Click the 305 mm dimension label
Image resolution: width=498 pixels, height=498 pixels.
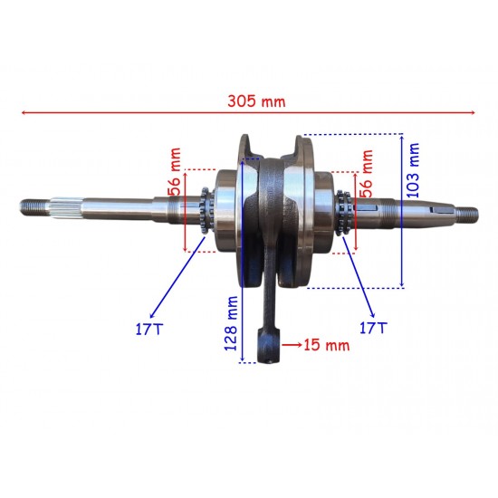coord(256,101)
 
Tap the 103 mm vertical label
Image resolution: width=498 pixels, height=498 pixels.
coord(413,170)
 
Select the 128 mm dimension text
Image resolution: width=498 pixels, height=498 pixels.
coord(231,323)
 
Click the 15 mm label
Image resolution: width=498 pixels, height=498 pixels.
coord(327,345)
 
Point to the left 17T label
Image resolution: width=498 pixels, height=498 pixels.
coord(149,329)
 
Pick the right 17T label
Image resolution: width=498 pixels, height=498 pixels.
coord(373,328)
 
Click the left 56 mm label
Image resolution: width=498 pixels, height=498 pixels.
coord(175,171)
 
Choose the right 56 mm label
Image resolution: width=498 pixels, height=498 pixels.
coord(366,174)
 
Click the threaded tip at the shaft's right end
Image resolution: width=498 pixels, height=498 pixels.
coord(467,214)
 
